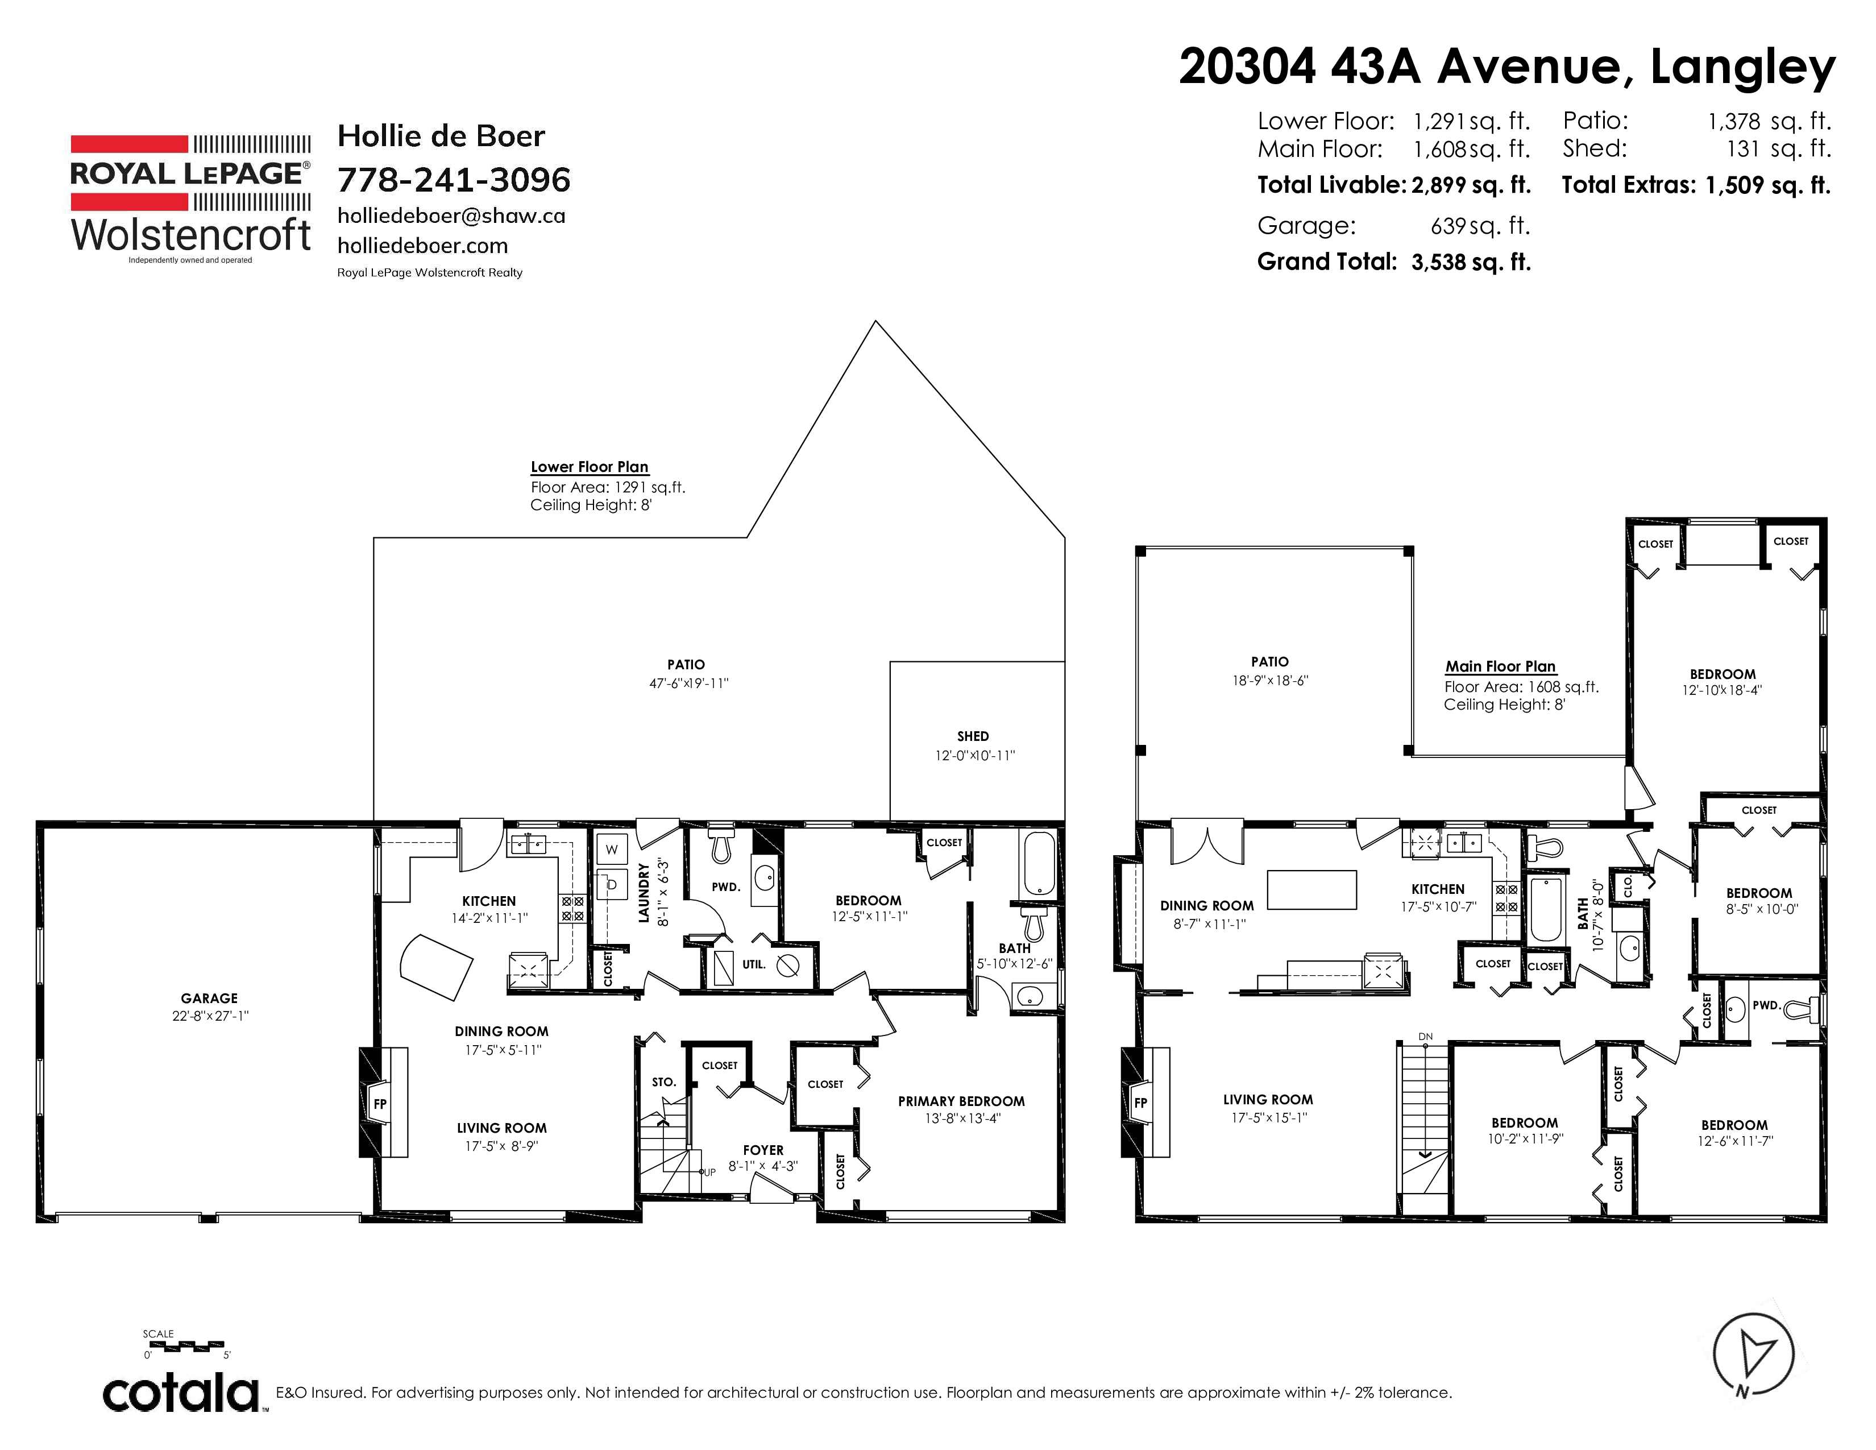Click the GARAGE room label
(209, 998)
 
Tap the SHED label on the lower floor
(973, 736)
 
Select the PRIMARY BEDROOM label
(961, 1101)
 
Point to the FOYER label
(763, 1150)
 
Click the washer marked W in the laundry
(612, 850)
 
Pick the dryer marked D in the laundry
(612, 883)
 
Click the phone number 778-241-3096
(454, 180)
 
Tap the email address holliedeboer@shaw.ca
(451, 216)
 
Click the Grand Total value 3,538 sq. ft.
(1471, 262)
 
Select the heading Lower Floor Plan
(590, 467)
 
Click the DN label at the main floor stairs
(1426, 1037)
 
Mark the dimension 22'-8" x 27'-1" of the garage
(210, 1016)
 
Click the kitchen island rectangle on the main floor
(1311, 889)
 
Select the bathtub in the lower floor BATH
(1039, 863)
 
